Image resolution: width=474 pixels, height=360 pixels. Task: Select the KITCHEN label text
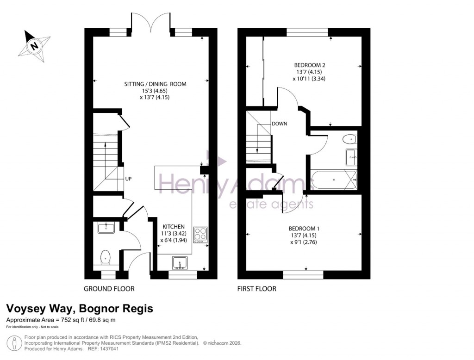(174, 227)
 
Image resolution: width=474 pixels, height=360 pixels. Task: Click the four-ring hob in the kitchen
(200, 235)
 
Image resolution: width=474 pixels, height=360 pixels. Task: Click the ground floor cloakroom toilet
(106, 256)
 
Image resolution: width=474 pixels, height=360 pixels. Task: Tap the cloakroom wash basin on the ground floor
(106, 227)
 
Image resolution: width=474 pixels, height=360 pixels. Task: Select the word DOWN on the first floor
(279, 124)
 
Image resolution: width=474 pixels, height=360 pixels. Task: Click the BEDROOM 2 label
(310, 65)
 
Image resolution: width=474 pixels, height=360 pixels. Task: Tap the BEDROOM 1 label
(304, 229)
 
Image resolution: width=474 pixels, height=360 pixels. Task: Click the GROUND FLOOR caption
(109, 289)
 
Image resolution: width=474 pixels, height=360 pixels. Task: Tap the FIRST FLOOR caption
(256, 289)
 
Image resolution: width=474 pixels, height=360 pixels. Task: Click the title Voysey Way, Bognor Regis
(79, 309)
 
